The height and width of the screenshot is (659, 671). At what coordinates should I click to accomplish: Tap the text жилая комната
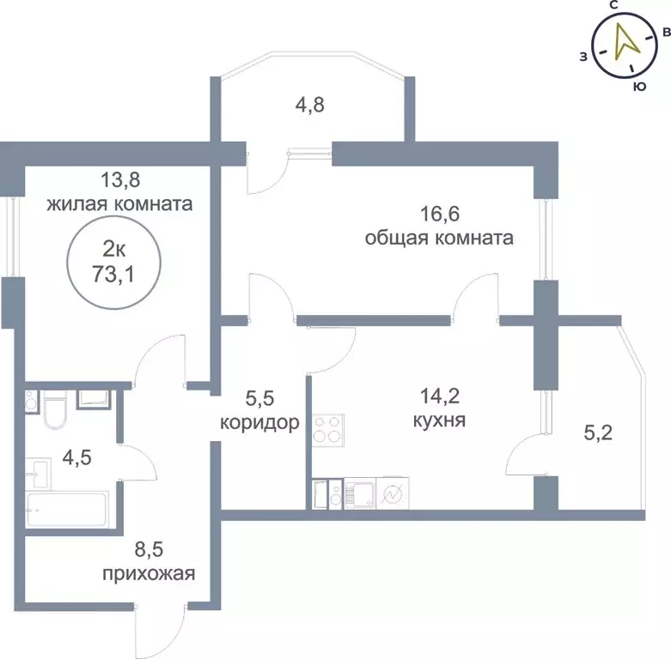[119, 206]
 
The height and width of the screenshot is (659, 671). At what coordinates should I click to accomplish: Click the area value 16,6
[439, 211]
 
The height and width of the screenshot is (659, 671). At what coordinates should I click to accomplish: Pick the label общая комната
[439, 238]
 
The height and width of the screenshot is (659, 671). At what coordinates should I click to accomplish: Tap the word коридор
[259, 422]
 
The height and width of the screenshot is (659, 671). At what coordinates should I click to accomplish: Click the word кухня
[438, 421]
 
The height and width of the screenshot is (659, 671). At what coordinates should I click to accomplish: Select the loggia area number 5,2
[599, 433]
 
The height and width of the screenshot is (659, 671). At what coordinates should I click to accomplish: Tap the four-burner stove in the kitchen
[327, 428]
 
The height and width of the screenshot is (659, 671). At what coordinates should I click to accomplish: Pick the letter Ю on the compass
[639, 86]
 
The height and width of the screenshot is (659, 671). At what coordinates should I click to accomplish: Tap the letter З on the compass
[583, 57]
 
